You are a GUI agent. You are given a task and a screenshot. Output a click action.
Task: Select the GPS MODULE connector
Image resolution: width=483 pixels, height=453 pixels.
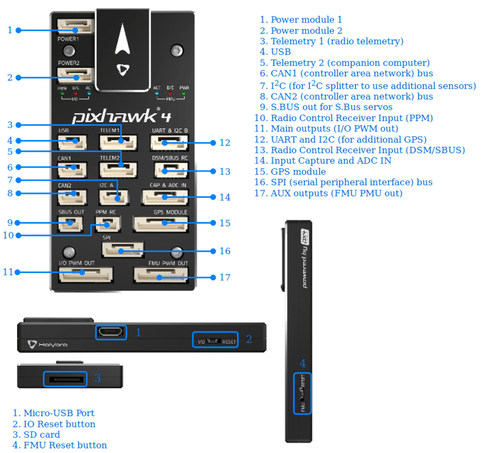click(x=160, y=223)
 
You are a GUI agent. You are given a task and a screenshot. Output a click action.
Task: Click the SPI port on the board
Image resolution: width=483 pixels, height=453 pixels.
click(x=123, y=249)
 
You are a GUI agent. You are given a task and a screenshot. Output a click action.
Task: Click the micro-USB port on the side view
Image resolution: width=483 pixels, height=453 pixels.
click(x=110, y=332)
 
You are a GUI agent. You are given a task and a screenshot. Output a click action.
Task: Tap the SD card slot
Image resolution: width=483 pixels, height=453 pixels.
click(x=64, y=379)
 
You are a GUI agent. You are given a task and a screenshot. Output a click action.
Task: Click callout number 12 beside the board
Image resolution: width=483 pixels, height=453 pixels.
click(x=225, y=143)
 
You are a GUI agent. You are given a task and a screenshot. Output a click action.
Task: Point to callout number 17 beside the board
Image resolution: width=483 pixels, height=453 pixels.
click(x=225, y=277)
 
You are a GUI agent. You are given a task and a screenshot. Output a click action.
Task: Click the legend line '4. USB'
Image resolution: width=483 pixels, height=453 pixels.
click(x=275, y=52)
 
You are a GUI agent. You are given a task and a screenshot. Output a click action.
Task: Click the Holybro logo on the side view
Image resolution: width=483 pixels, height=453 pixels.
click(x=47, y=344)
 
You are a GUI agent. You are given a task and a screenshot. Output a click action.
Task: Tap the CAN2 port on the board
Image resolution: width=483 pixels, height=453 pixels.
click(x=72, y=195)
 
